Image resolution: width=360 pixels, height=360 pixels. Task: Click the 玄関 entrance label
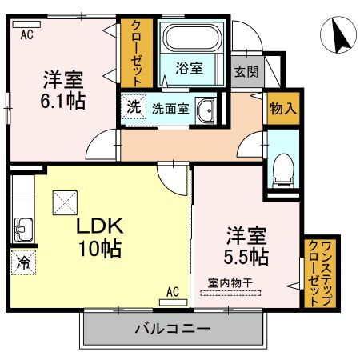246,71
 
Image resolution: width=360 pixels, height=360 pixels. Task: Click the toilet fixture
282,166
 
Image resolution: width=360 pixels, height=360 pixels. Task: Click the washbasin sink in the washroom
206,110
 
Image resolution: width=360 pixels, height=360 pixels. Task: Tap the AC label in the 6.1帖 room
27,34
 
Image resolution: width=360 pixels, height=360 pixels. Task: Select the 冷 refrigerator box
22,261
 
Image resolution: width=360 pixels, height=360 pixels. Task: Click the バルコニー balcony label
172,329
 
